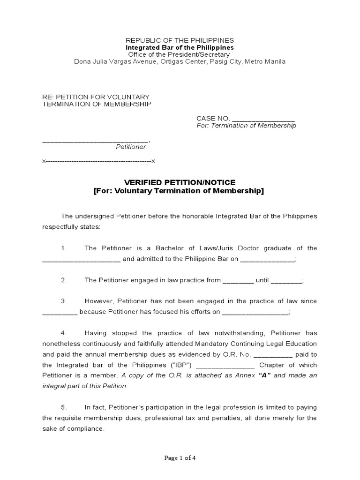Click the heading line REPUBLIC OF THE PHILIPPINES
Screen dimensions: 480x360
click(180, 41)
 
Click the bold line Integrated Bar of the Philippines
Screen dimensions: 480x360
click(180, 48)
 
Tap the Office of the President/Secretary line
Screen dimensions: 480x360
click(180, 55)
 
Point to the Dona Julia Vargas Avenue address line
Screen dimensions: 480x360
click(180, 62)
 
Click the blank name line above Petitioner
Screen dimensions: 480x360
click(95, 140)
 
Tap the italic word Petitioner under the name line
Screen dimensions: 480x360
click(131, 147)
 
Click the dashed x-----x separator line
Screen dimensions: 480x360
click(98, 161)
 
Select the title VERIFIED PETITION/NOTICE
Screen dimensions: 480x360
click(180, 182)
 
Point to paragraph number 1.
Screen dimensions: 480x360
click(64, 248)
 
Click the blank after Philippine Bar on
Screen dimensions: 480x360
click(268, 259)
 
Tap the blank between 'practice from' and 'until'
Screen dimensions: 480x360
click(238, 281)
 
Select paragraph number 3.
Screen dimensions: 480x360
click(64, 301)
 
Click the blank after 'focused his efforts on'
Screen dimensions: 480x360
click(255, 313)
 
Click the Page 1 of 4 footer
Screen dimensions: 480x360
click(180, 458)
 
